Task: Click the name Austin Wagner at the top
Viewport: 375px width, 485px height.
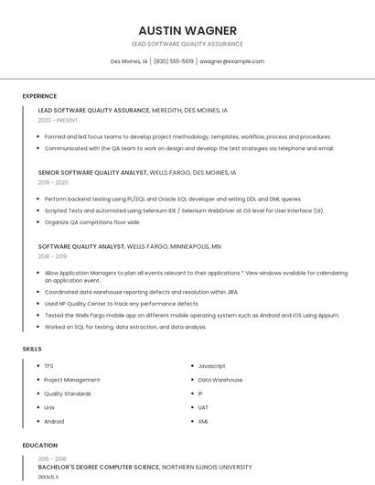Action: point(187,30)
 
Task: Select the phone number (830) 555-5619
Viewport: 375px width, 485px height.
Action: point(174,61)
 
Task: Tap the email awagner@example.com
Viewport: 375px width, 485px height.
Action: point(231,61)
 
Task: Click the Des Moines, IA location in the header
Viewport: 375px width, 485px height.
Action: point(129,61)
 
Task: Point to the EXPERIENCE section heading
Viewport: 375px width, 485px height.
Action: point(39,96)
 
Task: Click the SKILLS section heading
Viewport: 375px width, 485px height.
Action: point(32,349)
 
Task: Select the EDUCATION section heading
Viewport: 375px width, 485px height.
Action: point(39,446)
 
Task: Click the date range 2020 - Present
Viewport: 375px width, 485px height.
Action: point(59,120)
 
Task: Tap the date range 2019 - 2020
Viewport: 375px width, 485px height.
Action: point(53,182)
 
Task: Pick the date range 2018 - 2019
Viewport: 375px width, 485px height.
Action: point(53,256)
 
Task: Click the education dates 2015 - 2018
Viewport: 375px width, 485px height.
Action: point(52,458)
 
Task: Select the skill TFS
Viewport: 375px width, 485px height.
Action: point(49,366)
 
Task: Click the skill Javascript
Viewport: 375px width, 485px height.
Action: point(212,366)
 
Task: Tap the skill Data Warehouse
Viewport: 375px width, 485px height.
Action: point(220,380)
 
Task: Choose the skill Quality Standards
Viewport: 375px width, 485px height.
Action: point(68,393)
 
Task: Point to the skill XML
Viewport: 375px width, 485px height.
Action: point(203,421)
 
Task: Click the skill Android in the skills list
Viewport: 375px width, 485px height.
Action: point(55,421)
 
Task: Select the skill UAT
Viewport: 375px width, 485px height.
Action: point(203,407)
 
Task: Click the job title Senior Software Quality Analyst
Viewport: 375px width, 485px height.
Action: point(92,172)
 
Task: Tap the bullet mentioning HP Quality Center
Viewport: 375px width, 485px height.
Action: point(122,304)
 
